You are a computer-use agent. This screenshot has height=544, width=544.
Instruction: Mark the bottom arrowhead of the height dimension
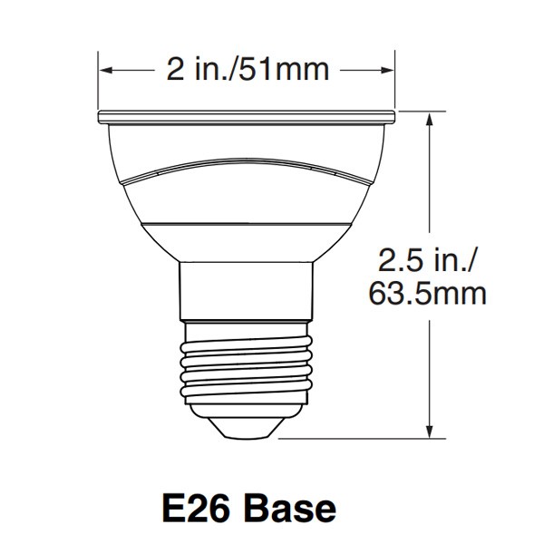point(430,432)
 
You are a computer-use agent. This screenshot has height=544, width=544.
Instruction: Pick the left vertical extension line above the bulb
point(98,82)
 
